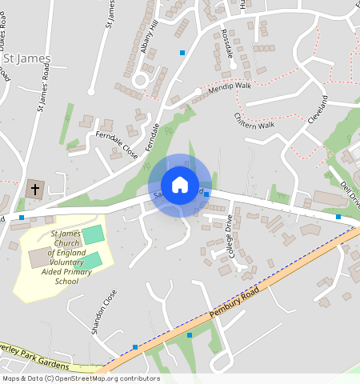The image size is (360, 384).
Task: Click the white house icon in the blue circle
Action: click(x=180, y=185)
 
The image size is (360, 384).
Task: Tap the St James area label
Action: click(x=26, y=58)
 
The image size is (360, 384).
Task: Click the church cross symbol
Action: click(x=34, y=190)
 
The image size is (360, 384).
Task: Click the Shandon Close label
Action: click(x=99, y=312)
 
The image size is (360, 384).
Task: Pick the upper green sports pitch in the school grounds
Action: click(x=94, y=235)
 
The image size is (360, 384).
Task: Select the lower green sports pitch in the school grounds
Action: click(x=90, y=260)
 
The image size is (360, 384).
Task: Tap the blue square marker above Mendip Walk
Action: click(x=182, y=53)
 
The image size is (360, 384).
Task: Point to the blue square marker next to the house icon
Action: click(x=206, y=194)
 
